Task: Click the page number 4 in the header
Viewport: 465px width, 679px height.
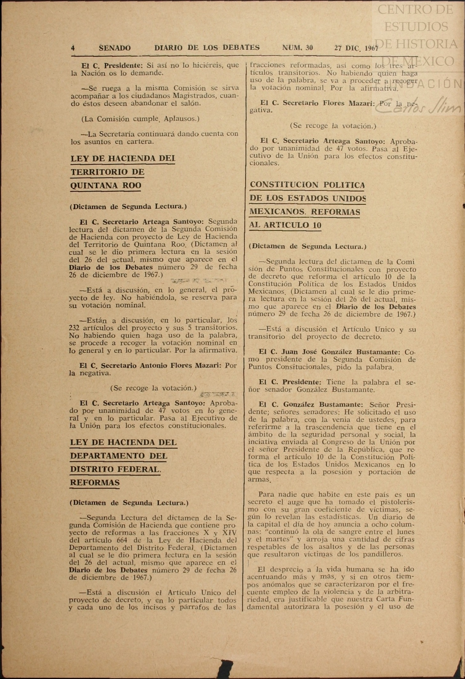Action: [x=73, y=48]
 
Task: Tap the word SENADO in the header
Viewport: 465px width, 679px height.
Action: [x=115, y=48]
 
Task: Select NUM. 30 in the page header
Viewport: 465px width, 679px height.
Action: [x=297, y=48]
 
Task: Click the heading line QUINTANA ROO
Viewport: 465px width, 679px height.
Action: [x=106, y=186]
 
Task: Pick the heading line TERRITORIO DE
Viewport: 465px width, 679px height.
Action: [x=107, y=172]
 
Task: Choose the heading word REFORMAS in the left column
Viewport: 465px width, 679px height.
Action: [x=95, y=483]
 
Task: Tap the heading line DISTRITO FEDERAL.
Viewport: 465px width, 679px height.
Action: [x=115, y=469]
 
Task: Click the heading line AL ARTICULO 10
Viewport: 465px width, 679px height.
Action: [x=285, y=225]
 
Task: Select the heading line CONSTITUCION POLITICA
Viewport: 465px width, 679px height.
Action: [x=307, y=185]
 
